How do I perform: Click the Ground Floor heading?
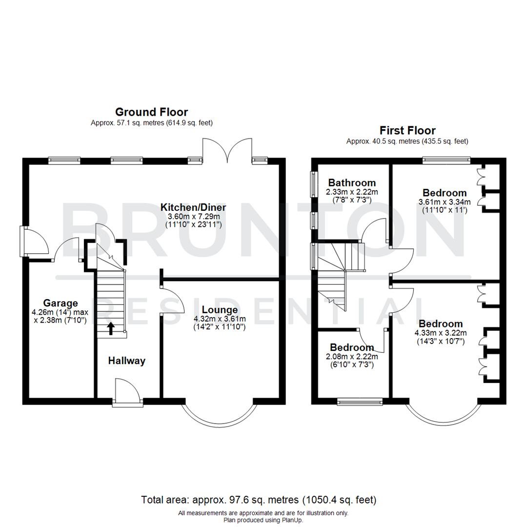tap(151, 112)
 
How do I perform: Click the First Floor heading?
tap(407, 130)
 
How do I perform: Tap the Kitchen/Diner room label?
tap(194, 208)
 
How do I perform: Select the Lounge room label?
tap(220, 309)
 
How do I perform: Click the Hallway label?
tap(127, 361)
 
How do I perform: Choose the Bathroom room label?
tap(352, 183)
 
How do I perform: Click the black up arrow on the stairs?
tap(111, 328)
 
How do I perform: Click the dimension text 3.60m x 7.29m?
tap(194, 216)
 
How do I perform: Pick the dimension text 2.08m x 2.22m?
tap(352, 356)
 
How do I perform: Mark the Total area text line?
tap(259, 500)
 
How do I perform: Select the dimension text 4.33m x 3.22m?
tap(441, 333)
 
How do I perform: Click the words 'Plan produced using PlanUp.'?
tap(263, 520)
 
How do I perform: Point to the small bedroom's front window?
tap(360, 402)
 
